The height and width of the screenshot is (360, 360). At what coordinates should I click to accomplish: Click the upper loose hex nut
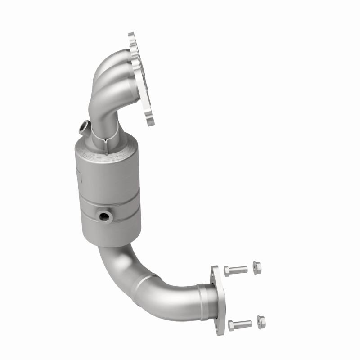257,266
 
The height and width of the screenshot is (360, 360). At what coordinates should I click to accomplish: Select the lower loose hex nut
261,321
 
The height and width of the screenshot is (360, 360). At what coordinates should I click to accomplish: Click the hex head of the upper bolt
227,270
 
